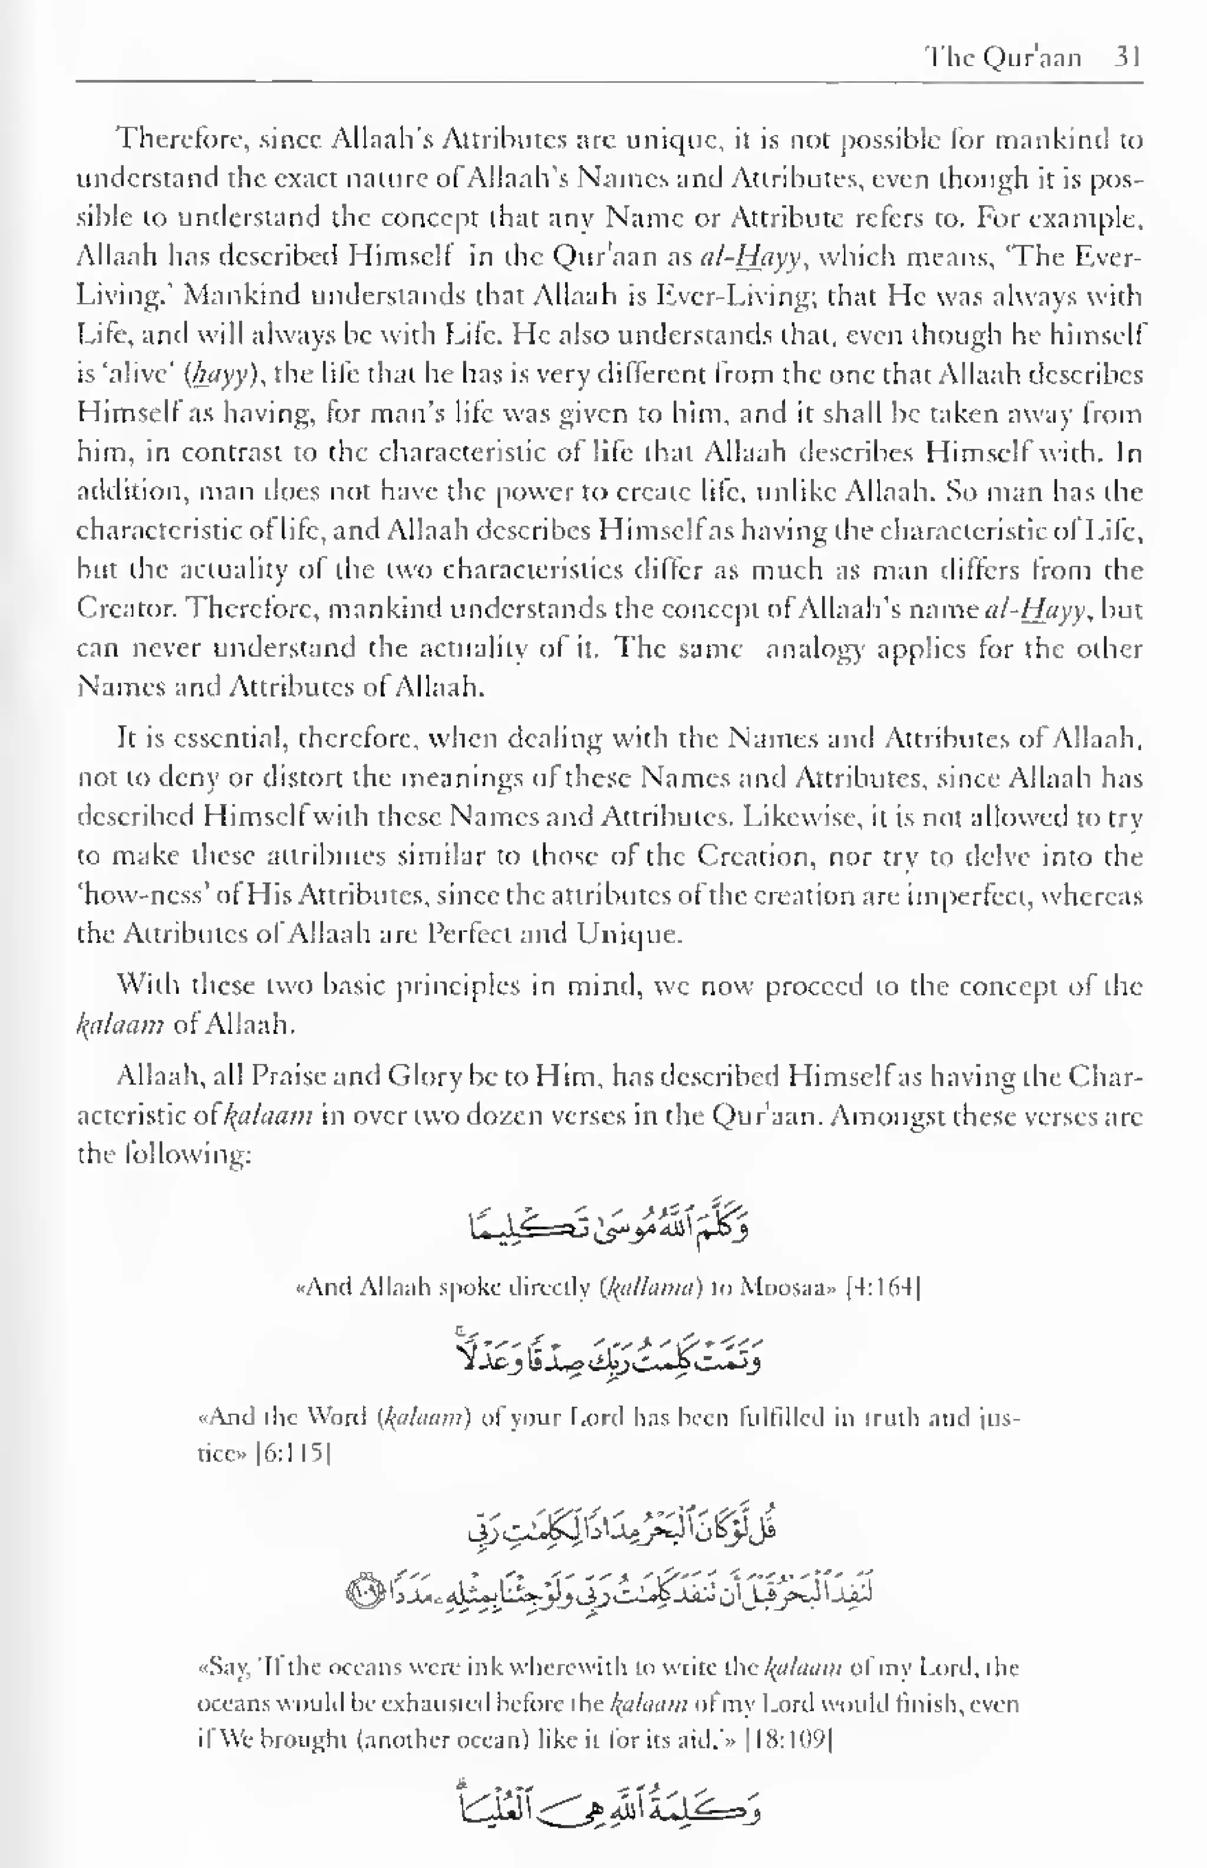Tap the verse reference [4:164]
884,1287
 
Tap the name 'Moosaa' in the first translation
779,1287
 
